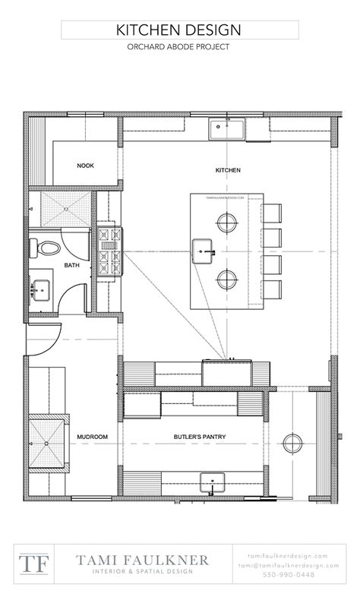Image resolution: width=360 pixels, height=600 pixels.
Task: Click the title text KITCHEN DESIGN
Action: click(x=179, y=30)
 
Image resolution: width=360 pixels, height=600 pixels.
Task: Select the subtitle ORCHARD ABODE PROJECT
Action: click(x=179, y=47)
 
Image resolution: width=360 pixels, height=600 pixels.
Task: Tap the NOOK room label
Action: click(x=85, y=166)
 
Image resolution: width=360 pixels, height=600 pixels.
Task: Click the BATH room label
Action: click(x=71, y=266)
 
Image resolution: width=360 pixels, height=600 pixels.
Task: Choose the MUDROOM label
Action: click(x=92, y=437)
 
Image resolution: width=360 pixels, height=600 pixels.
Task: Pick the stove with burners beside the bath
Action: click(x=109, y=251)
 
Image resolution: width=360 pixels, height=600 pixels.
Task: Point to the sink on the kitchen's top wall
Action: click(x=227, y=128)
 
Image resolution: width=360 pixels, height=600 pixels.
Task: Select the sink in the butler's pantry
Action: click(x=210, y=482)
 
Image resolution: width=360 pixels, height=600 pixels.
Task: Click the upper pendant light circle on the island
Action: click(x=227, y=223)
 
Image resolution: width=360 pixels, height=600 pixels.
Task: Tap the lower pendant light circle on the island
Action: click(x=227, y=279)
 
